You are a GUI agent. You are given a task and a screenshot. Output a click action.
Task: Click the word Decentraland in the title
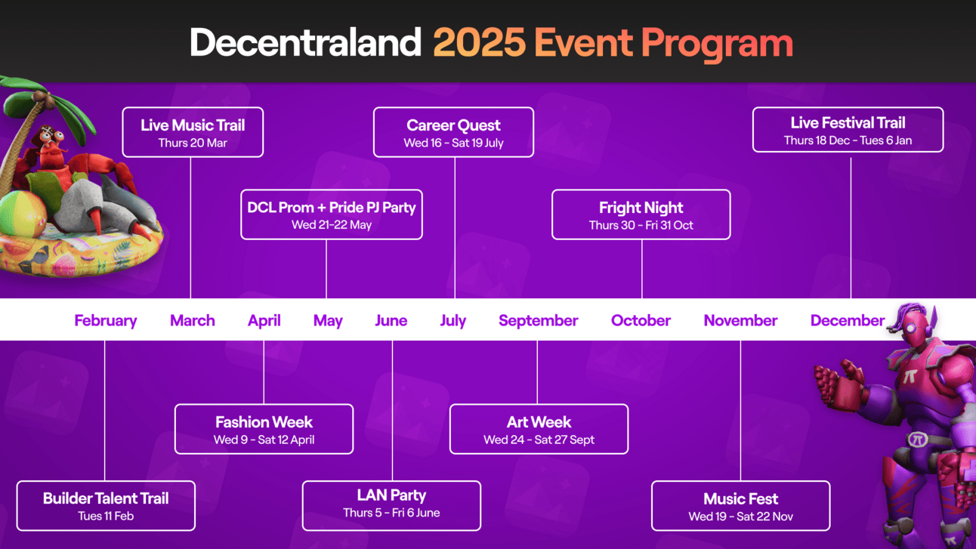pos(305,42)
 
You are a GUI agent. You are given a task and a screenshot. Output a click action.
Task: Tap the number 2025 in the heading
pos(479,42)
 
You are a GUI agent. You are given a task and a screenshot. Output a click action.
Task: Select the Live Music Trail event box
pos(193,132)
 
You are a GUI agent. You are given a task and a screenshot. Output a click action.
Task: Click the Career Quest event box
pos(453,132)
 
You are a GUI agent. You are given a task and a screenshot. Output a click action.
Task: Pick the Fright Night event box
pos(641,214)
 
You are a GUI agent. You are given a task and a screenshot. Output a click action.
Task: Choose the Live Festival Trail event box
pos(848,130)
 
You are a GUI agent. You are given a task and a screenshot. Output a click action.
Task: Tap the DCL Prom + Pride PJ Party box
pos(332,214)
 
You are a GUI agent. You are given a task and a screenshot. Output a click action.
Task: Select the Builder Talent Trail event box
pos(106,506)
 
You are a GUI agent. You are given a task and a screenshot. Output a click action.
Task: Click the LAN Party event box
pos(392,506)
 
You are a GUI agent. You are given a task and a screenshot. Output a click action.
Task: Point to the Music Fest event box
pos(741,506)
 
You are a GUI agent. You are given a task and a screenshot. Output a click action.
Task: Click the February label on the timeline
pos(106,321)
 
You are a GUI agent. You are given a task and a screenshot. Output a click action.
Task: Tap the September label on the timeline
pos(538,321)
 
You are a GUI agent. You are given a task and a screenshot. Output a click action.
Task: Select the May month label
pos(328,321)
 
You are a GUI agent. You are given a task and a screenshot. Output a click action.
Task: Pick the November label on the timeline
pos(740,321)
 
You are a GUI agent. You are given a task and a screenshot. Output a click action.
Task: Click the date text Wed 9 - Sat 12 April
pos(264,440)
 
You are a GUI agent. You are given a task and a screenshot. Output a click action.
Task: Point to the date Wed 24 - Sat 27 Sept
pos(539,440)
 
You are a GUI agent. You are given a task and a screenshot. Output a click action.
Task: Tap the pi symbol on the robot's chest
pos(910,375)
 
